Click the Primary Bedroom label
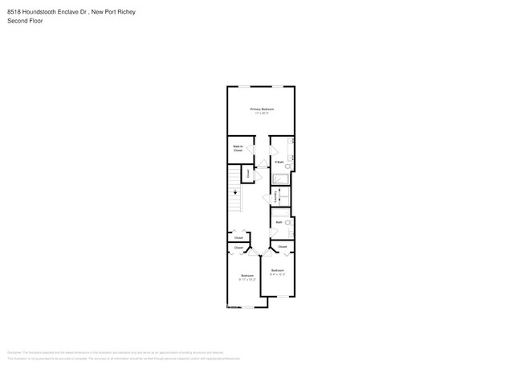pos(262,109)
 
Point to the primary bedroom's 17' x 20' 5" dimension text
pos(262,113)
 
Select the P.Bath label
pos(279,162)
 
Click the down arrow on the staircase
pos(235,192)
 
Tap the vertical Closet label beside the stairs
pos(249,172)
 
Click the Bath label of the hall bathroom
pos(279,222)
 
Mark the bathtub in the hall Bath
pos(291,233)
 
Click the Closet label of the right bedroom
pos(282,246)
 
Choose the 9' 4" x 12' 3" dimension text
pos(278,274)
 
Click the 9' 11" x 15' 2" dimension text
pos(247,279)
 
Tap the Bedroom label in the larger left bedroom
pos(247,275)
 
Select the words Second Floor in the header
pos(25,21)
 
